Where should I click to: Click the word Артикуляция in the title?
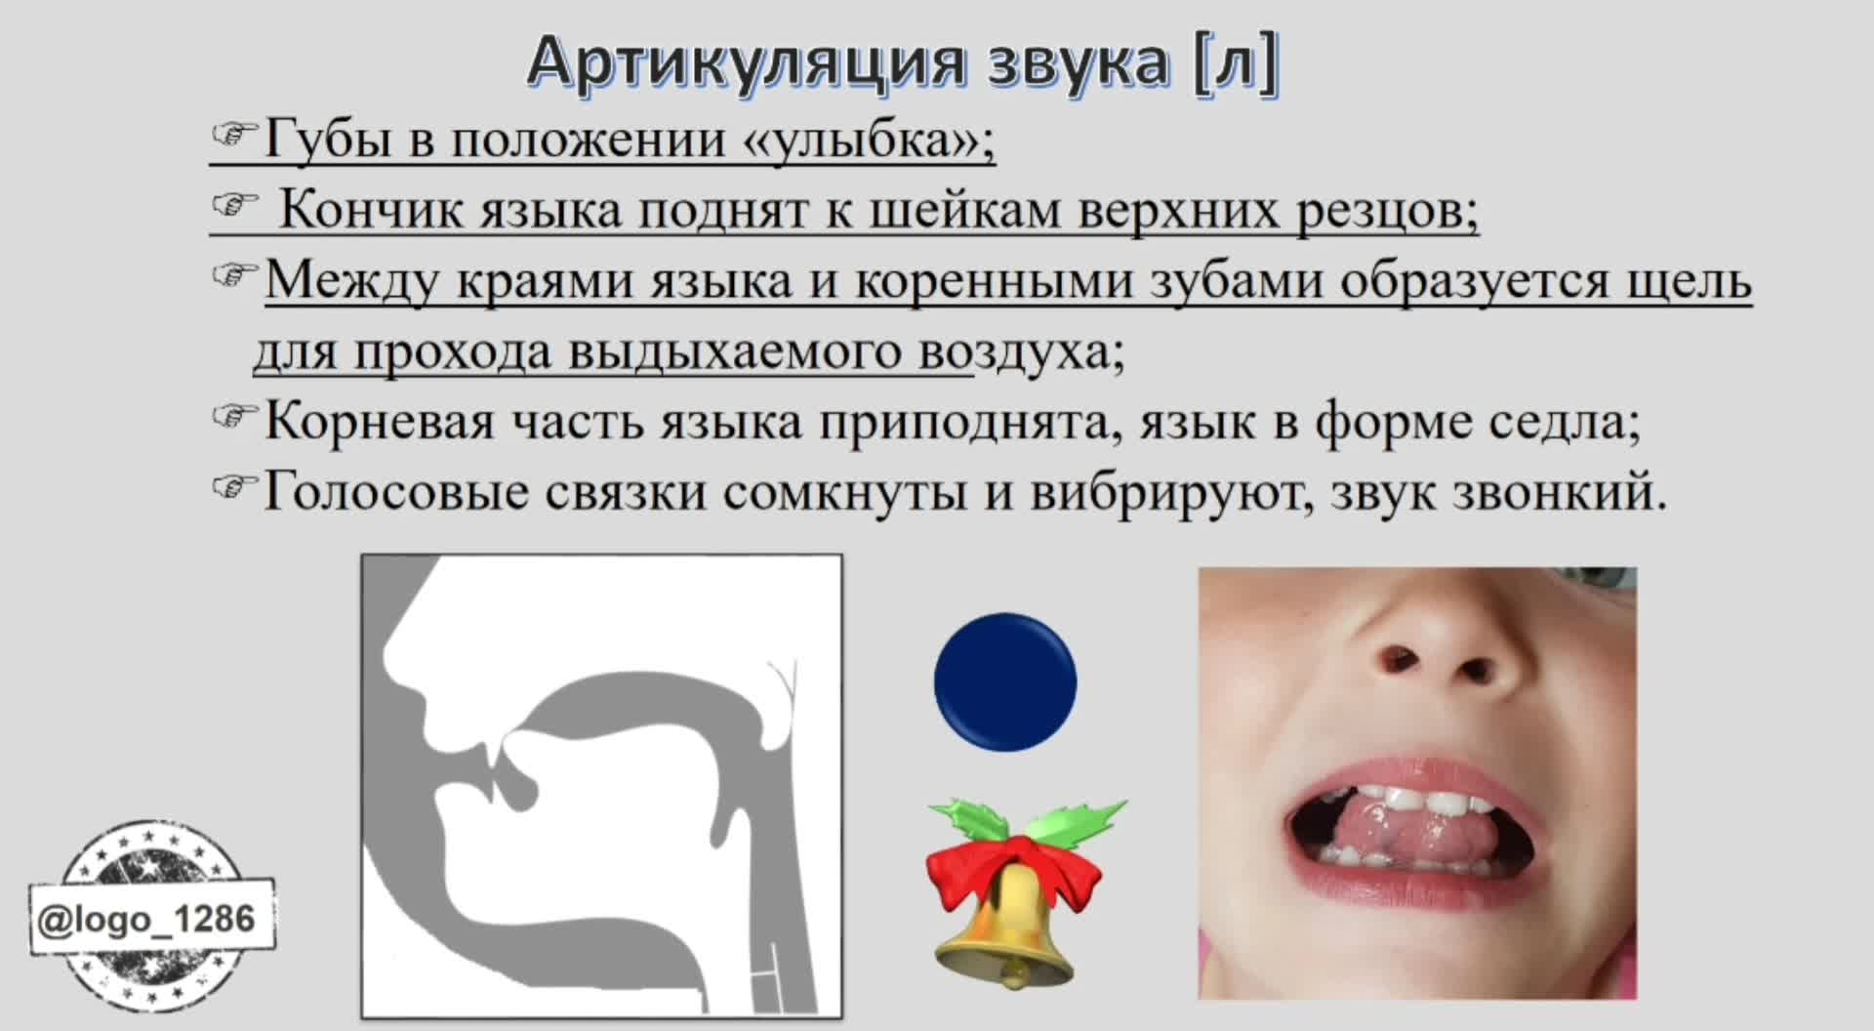pyautogui.click(x=750, y=62)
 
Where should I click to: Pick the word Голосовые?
pyautogui.click(x=396, y=492)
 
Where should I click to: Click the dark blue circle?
pyautogui.click(x=1005, y=682)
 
